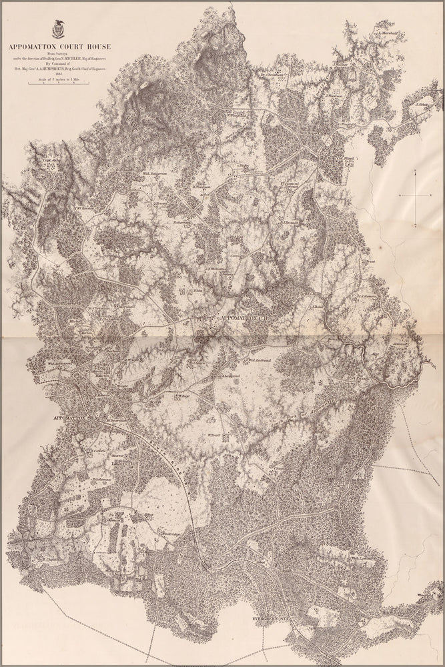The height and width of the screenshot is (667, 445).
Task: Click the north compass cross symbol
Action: (415, 193)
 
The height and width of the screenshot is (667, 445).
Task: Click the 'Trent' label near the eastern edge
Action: (372, 261)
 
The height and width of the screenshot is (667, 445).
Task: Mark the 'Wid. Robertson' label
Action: (59, 364)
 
